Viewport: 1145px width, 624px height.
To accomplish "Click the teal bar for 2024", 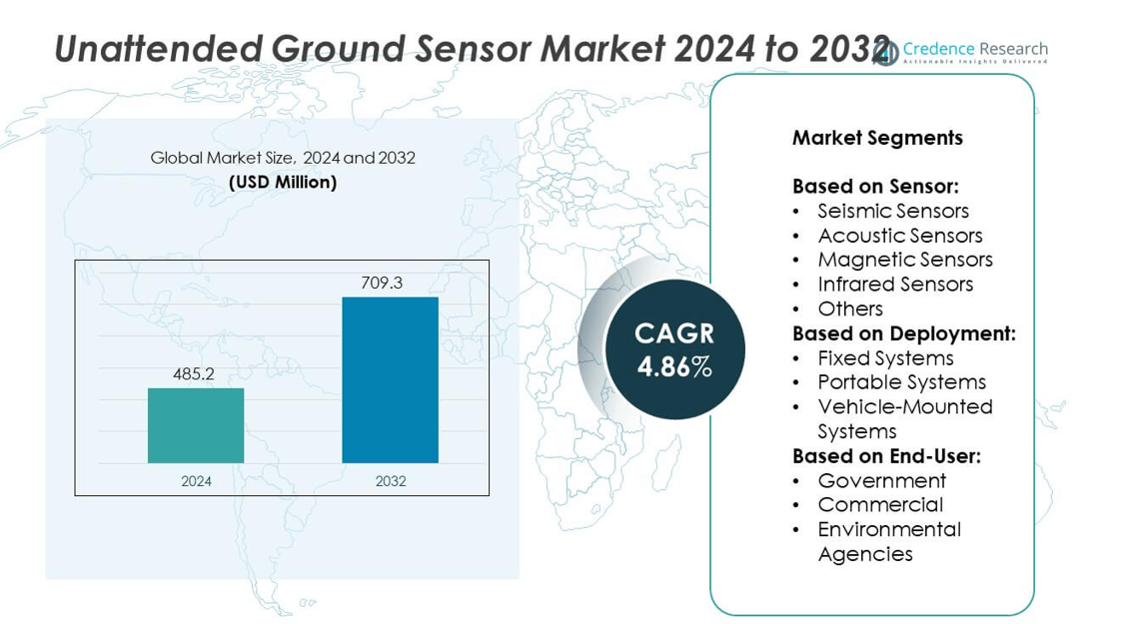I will point(196,425).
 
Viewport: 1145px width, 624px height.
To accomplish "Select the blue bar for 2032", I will point(390,379).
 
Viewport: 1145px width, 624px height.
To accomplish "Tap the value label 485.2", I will point(194,374).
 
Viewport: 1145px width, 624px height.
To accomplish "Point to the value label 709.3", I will point(382,284).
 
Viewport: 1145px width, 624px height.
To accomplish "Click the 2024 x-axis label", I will point(196,481).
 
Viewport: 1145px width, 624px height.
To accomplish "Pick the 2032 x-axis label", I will point(391,481).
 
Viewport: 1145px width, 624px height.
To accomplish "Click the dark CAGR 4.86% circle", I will point(674,349).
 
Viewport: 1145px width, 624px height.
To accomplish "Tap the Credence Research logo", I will point(961,51).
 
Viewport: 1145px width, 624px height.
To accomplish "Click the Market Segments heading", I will point(877,138).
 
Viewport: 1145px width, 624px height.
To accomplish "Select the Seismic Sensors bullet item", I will point(893,211).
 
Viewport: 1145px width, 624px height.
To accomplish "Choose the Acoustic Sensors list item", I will point(899,236).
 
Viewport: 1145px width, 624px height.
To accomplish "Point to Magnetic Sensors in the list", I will point(904,260).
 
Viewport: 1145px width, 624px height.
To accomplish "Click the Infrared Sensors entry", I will point(895,285).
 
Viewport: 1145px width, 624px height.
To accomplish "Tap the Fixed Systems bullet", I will point(885,357).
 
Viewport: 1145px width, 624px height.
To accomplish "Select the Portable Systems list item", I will point(901,382).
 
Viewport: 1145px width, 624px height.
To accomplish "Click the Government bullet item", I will point(881,480).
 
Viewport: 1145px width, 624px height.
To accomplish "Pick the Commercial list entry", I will point(880,505).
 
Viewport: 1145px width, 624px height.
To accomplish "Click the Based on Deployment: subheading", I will point(903,333).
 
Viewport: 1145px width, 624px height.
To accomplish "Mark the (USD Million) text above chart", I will point(283,182).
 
